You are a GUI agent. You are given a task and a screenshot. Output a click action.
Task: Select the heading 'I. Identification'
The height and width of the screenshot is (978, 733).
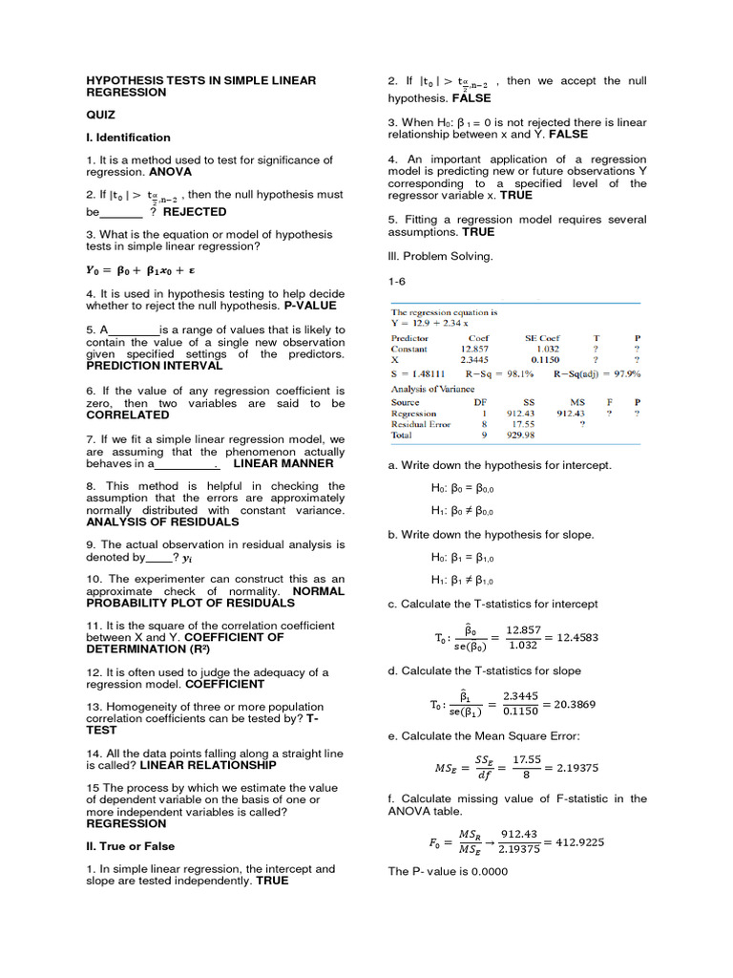click(128, 138)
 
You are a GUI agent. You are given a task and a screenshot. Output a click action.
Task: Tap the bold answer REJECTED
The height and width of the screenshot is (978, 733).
click(195, 212)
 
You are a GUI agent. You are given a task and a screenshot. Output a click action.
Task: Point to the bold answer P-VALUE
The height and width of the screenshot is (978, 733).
click(315, 306)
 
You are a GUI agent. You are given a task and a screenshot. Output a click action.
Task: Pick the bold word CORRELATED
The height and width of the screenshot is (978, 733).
click(120, 415)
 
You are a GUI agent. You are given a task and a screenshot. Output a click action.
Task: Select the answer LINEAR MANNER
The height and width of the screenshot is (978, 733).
click(283, 463)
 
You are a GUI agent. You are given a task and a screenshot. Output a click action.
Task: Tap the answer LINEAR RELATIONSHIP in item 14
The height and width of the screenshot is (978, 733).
click(208, 765)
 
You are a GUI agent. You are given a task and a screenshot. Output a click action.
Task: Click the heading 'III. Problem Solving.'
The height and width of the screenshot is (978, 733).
click(440, 256)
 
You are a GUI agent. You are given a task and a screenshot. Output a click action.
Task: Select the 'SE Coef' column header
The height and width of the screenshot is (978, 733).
click(542, 338)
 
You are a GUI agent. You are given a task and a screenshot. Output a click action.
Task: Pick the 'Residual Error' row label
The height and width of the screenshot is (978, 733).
click(421, 423)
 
